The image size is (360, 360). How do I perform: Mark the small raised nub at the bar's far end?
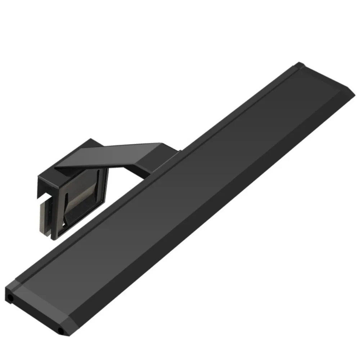(300, 66)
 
